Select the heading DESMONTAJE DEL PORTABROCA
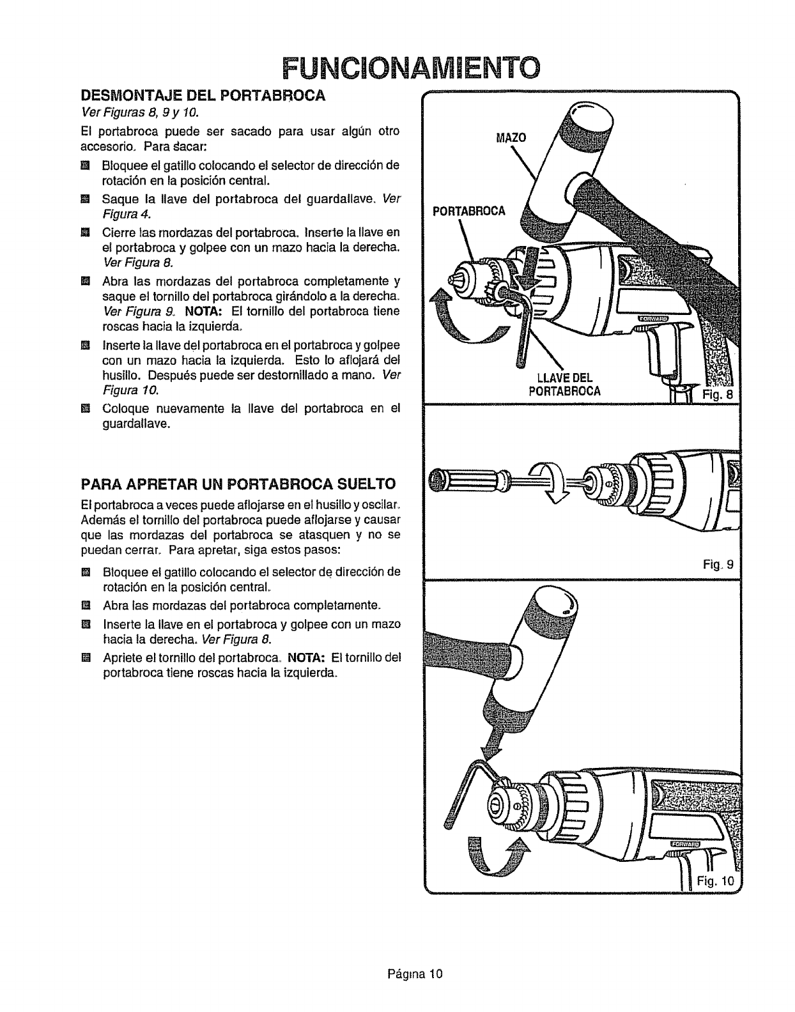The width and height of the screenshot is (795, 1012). [203, 96]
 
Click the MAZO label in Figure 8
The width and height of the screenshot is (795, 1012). [511, 138]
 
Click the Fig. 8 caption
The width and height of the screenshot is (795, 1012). [719, 394]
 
